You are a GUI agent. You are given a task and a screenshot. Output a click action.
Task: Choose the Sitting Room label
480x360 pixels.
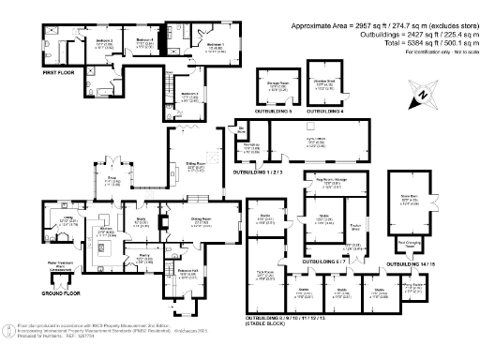195,163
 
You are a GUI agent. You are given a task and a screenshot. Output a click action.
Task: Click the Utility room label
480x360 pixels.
70,220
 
